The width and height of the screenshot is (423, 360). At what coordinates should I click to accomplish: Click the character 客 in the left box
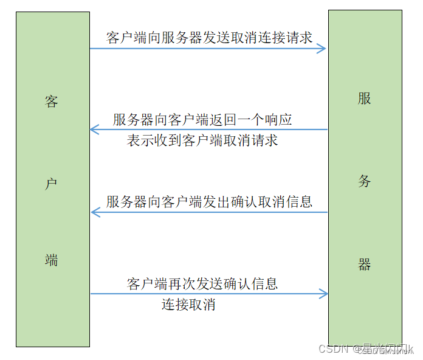52,102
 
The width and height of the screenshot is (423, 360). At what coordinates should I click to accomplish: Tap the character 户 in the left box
52,182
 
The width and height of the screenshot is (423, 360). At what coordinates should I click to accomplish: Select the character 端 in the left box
52,260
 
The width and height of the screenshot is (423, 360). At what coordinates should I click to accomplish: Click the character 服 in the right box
364,99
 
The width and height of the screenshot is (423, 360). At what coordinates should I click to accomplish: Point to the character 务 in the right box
364,181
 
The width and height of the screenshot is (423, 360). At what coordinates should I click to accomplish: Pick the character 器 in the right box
364,265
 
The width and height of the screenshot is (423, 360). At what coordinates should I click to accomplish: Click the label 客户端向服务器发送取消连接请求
209,37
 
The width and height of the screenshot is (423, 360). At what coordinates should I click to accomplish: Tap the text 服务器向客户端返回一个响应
202,119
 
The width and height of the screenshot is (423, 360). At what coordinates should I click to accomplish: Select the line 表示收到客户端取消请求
202,140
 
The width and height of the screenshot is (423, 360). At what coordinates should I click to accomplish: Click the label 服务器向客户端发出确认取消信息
209,201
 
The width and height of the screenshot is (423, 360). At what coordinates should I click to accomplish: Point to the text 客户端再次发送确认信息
202,283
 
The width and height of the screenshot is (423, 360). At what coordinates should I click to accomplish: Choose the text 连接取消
188,305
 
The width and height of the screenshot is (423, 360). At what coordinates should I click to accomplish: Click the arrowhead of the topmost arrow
323,49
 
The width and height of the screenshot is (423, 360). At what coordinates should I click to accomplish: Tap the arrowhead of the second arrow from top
94,130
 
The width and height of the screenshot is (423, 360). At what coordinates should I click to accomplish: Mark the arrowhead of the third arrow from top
94,212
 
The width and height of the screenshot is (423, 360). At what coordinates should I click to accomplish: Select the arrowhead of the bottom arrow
324,294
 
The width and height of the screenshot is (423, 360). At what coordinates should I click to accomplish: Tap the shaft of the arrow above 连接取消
207,294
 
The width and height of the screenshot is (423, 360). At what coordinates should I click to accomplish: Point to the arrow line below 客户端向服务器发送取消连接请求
207,49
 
